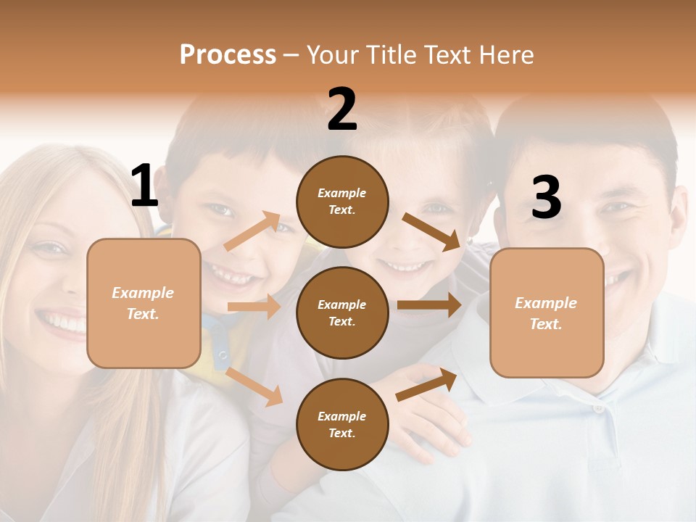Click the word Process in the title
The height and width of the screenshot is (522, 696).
[228, 55]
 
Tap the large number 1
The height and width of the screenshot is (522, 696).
[144, 186]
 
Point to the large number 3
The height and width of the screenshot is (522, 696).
[546, 197]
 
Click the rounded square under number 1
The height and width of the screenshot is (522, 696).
[144, 303]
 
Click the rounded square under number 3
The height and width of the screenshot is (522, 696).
[547, 312]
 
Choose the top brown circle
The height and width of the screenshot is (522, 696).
[342, 202]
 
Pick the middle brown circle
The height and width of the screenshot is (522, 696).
[342, 312]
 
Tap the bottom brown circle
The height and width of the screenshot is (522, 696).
[342, 424]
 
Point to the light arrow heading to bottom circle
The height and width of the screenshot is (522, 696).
[254, 386]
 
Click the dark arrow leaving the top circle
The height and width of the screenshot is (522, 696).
[432, 232]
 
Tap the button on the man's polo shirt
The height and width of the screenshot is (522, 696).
[598, 409]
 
